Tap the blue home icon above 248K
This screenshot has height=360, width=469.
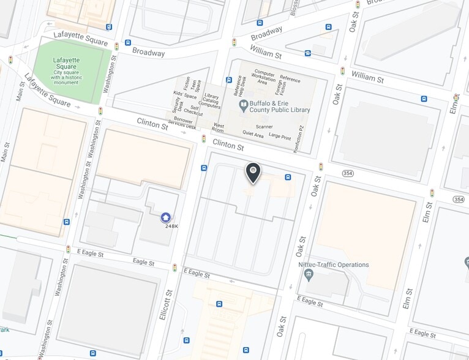(165, 217)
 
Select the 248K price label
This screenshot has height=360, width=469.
(171, 227)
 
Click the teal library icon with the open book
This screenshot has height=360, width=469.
(243, 106)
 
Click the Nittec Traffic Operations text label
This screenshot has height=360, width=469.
(334, 264)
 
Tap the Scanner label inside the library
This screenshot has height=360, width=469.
(265, 127)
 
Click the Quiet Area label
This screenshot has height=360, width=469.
(253, 133)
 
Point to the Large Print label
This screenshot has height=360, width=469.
(279, 136)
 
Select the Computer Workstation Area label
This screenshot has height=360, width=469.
(265, 78)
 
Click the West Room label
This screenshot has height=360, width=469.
(217, 128)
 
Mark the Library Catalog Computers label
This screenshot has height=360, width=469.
(212, 101)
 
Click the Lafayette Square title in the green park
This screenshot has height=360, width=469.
(66, 63)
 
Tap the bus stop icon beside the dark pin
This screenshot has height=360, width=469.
(287, 178)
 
